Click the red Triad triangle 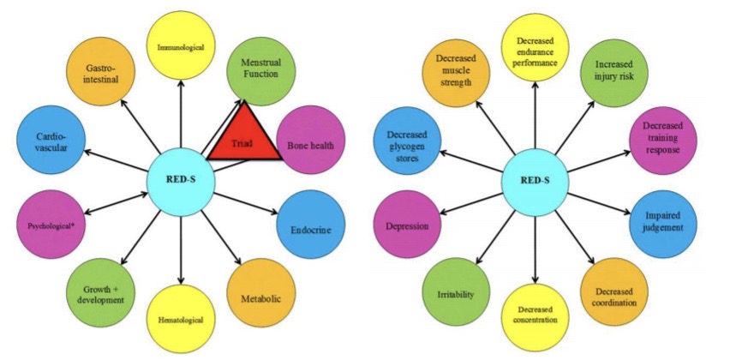(244, 135)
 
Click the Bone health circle (314, 143)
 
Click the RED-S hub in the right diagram (536, 183)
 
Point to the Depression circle (407, 226)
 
